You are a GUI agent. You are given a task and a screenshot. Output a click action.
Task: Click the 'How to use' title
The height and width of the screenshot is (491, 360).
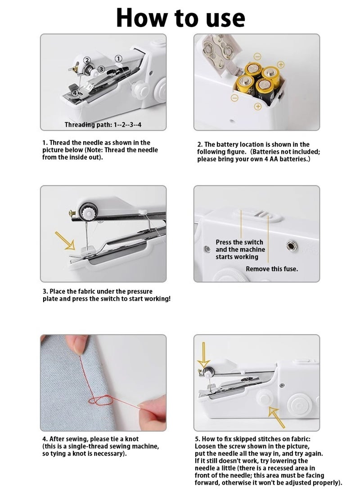point(180,18)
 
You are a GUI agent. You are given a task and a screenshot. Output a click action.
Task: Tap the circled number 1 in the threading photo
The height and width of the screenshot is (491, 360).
point(118,58)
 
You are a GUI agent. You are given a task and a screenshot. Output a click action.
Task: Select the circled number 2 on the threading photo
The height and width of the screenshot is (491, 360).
point(87,60)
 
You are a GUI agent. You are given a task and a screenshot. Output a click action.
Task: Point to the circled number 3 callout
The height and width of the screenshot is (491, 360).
point(101,69)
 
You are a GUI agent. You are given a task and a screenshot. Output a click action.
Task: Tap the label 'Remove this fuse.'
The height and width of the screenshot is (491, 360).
point(272,269)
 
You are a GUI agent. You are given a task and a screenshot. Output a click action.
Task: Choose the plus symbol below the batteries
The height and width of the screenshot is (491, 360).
point(258,107)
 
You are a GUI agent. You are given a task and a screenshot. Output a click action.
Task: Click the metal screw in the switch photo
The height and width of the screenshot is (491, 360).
point(292,245)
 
